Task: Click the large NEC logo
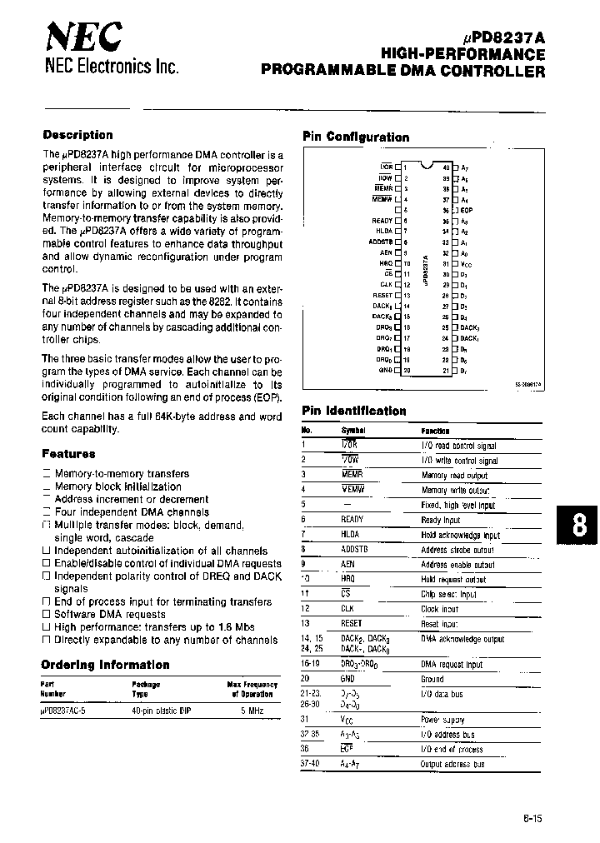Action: tap(83, 37)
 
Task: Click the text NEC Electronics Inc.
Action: tap(111, 67)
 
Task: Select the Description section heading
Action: tap(77, 135)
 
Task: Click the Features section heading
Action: tap(68, 454)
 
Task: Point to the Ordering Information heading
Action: tap(105, 665)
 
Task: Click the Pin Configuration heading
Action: tap(356, 137)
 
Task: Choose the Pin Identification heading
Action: tap(354, 411)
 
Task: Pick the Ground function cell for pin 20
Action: tap(434, 678)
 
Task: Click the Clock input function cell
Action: tap(440, 608)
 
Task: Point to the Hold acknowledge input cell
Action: tap(460, 536)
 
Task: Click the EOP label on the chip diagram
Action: tap(467, 212)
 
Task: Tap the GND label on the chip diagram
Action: tap(385, 369)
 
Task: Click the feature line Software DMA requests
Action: tap(110, 614)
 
